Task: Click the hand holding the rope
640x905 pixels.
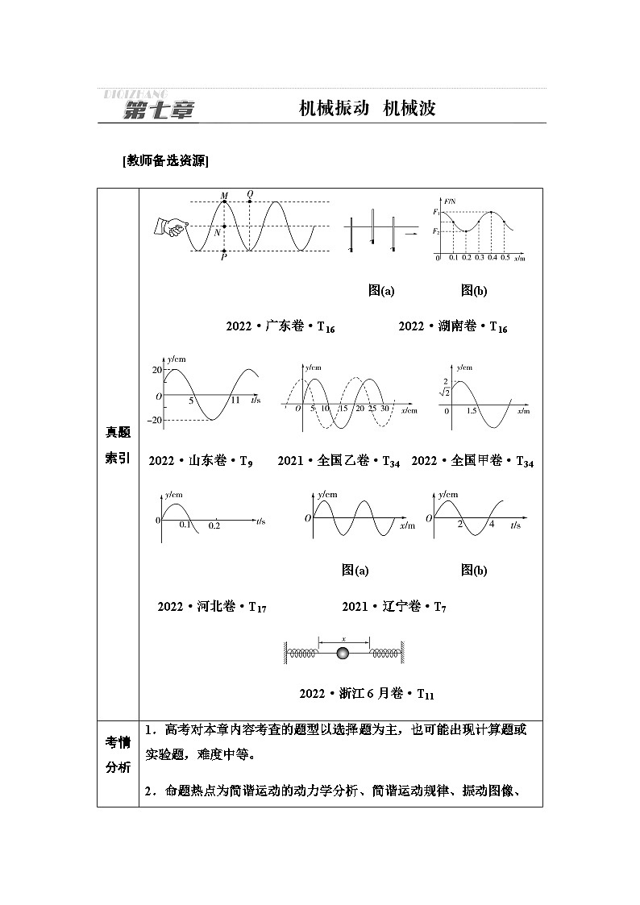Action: click(x=168, y=226)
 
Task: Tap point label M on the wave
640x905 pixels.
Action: click(x=223, y=195)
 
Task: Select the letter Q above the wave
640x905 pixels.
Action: click(x=250, y=194)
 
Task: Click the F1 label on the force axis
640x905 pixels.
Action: click(x=435, y=212)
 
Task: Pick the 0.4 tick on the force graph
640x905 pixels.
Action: click(x=492, y=258)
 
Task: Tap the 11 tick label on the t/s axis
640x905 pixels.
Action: click(x=235, y=400)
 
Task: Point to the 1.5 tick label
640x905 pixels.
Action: click(x=472, y=411)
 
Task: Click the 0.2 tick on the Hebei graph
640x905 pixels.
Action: click(x=214, y=525)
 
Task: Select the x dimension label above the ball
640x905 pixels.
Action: click(x=343, y=637)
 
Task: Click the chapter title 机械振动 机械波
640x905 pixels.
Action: click(x=367, y=109)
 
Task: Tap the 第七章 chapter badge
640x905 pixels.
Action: click(x=159, y=111)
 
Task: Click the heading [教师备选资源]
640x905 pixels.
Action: click(x=166, y=160)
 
